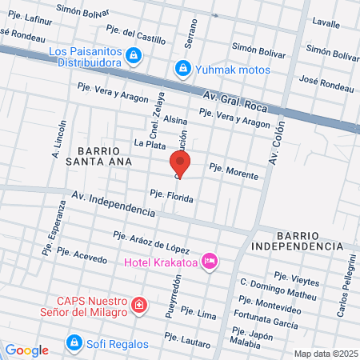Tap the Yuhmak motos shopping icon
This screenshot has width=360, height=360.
(183, 69)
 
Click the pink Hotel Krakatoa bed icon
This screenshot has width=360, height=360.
(210, 261)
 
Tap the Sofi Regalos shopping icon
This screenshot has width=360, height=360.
(74, 343)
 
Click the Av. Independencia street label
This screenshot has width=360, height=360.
(113, 204)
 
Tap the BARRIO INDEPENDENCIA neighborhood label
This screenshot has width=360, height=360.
(308, 241)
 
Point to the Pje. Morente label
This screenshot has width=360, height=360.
(234, 170)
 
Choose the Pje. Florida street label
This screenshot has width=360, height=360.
(172, 195)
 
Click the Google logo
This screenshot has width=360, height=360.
(26, 350)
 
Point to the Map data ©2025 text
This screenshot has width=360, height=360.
(325, 354)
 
